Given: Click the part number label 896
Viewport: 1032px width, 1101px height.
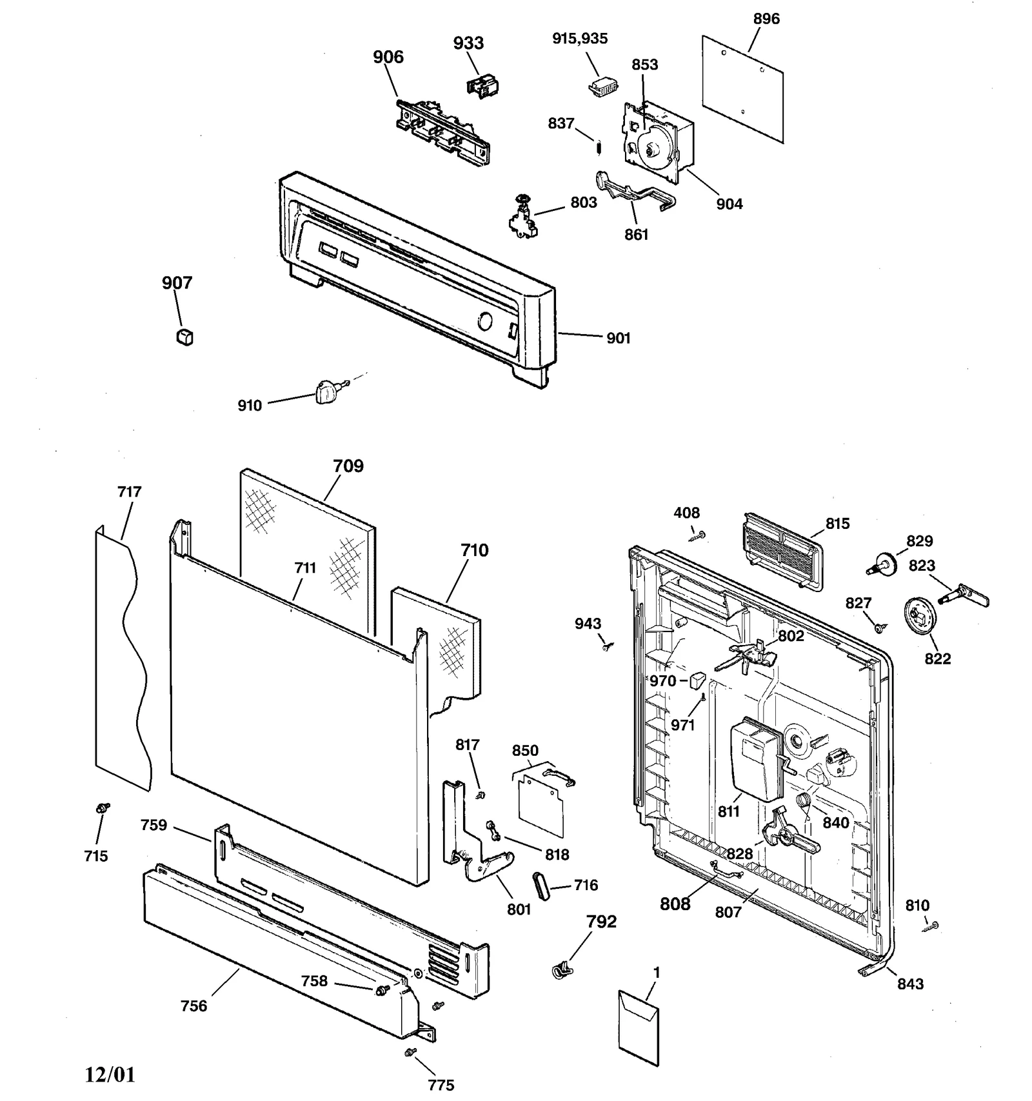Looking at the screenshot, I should (766, 19).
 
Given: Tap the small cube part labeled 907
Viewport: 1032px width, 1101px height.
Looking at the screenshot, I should (184, 337).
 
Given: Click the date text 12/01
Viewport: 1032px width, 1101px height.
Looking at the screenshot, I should (110, 1075).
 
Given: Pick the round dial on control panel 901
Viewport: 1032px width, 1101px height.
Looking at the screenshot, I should (485, 322).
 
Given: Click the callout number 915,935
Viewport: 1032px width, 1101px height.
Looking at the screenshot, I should (580, 39).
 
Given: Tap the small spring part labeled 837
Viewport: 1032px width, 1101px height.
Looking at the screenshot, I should (599, 148).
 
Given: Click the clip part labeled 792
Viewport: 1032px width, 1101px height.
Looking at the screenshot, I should (560, 968).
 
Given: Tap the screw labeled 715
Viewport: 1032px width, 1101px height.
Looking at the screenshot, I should (101, 808).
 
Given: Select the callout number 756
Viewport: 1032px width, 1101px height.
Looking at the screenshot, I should (194, 1006).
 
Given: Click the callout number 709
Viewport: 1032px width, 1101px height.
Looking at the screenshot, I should (348, 466).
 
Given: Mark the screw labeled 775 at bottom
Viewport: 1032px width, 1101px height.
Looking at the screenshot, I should (409, 1053).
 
